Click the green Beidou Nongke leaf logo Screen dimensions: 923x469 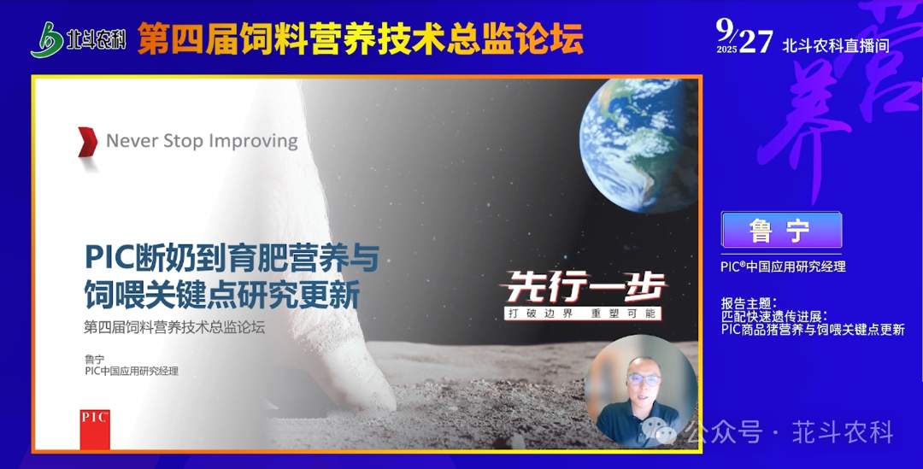point(47,40)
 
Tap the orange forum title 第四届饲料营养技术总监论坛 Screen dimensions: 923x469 point(361,38)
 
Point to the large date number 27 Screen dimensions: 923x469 point(756,41)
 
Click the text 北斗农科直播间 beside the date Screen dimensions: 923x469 point(836,45)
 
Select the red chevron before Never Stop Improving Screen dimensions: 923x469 point(88,142)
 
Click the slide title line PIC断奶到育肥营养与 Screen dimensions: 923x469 point(232,258)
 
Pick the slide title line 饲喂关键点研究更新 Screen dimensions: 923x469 point(222,294)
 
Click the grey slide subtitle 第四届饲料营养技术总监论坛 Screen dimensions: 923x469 point(174,327)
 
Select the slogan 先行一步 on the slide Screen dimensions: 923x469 point(585,287)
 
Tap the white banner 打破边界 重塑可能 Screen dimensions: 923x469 point(582,314)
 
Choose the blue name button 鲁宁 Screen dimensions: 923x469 point(781,230)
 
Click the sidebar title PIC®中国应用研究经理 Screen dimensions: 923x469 point(783,267)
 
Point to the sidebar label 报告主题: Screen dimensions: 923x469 point(749,303)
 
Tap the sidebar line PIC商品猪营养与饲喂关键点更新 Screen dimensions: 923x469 point(813,330)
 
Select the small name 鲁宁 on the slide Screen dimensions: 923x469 point(95,359)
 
